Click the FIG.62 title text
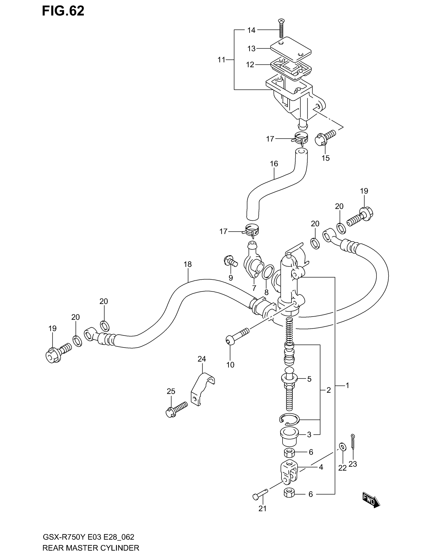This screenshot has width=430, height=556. [x=63, y=11]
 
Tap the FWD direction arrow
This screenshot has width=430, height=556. [x=371, y=501]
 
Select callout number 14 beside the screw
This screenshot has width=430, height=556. [x=251, y=30]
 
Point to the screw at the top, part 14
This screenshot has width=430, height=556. [x=281, y=28]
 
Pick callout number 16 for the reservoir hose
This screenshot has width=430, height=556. [x=274, y=164]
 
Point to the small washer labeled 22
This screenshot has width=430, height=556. [x=342, y=447]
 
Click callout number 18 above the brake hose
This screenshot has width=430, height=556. [x=188, y=264]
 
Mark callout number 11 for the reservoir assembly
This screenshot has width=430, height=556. [x=221, y=60]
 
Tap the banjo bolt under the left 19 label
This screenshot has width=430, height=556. [x=57, y=353]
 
